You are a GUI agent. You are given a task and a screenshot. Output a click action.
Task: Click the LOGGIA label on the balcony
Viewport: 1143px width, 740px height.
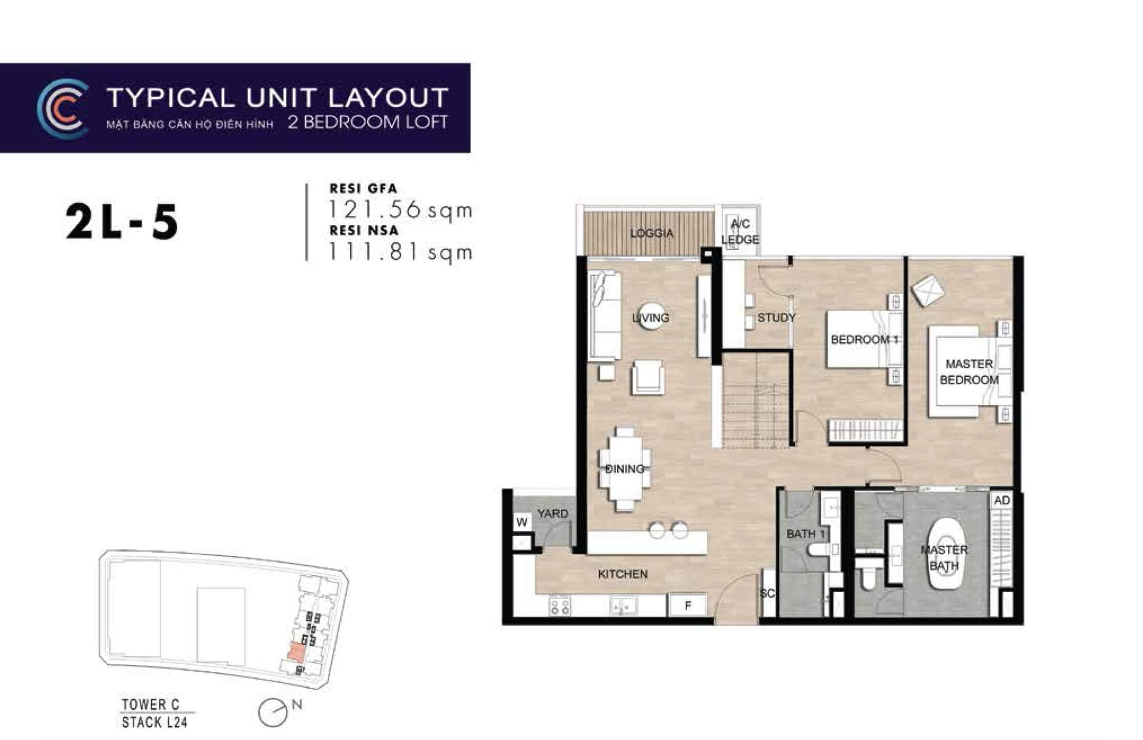(x=651, y=233)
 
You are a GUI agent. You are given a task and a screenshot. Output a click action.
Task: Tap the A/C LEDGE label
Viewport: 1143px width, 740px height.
(x=740, y=231)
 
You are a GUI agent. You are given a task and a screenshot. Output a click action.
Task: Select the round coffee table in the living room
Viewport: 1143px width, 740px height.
(x=651, y=317)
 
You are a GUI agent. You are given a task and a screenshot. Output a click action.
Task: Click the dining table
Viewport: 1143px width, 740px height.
(x=624, y=468)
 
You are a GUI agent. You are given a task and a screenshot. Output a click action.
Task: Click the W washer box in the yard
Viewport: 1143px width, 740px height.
(x=522, y=523)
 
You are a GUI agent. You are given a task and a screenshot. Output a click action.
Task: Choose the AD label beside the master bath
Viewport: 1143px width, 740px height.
(x=1002, y=500)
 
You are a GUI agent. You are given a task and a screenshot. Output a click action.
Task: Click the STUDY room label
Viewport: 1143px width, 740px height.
(x=776, y=318)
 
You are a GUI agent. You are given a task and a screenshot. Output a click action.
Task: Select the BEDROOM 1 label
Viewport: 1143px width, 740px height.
(x=864, y=339)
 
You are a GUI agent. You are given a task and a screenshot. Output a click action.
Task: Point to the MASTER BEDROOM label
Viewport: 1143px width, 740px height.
(x=969, y=372)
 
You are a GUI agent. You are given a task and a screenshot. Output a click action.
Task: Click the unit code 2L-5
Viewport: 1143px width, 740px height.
(x=122, y=223)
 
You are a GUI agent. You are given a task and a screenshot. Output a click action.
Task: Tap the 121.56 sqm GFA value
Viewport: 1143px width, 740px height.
(x=400, y=210)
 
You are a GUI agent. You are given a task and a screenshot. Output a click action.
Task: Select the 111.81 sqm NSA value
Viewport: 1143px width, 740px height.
(x=400, y=252)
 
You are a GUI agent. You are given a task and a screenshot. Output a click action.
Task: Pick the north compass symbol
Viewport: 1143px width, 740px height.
(x=273, y=712)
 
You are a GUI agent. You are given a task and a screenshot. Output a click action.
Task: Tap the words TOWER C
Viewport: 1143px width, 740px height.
(x=151, y=705)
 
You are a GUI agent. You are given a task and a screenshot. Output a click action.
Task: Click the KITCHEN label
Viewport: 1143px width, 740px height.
(x=623, y=574)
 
